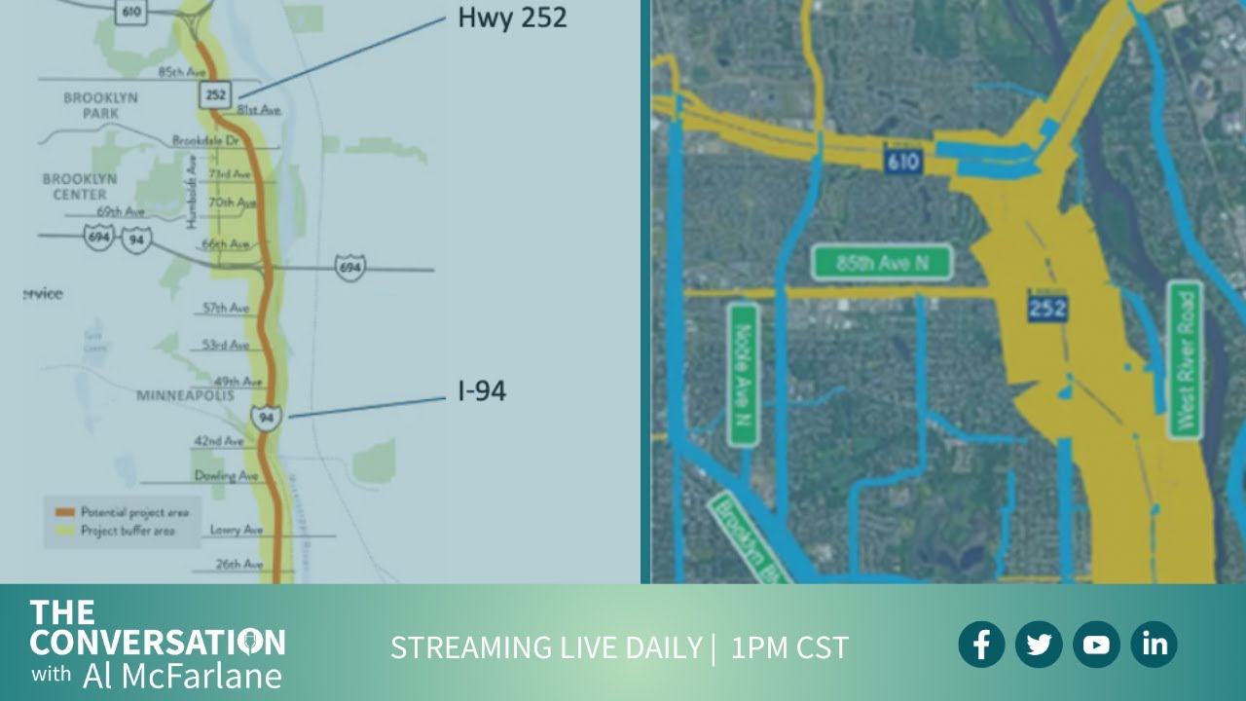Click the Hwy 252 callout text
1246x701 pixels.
pos(512,18)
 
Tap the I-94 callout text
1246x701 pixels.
pos(482,392)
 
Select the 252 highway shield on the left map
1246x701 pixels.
pos(215,94)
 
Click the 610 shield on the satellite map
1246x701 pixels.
pos(902,162)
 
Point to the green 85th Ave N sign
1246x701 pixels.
pos(881,262)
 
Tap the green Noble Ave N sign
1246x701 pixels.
pos(743,374)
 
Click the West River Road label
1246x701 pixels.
pos(1185,359)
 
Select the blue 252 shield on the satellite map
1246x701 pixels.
pos(1047,309)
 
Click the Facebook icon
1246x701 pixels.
pos(981,645)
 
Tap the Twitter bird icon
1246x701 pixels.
pos(1039,645)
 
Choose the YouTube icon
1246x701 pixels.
pos(1096,645)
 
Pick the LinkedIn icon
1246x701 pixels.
pos(1154,645)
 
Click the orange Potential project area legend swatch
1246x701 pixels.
pos(65,512)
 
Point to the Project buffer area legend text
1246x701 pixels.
pos(127,531)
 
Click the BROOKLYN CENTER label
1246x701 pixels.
pos(79,187)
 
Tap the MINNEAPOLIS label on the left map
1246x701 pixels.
pos(185,396)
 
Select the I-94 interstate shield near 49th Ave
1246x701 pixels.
pos(267,418)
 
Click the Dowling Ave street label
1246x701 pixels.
pos(226,476)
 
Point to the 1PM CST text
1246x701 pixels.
pos(789,647)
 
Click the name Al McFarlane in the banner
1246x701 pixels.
pos(182,675)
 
